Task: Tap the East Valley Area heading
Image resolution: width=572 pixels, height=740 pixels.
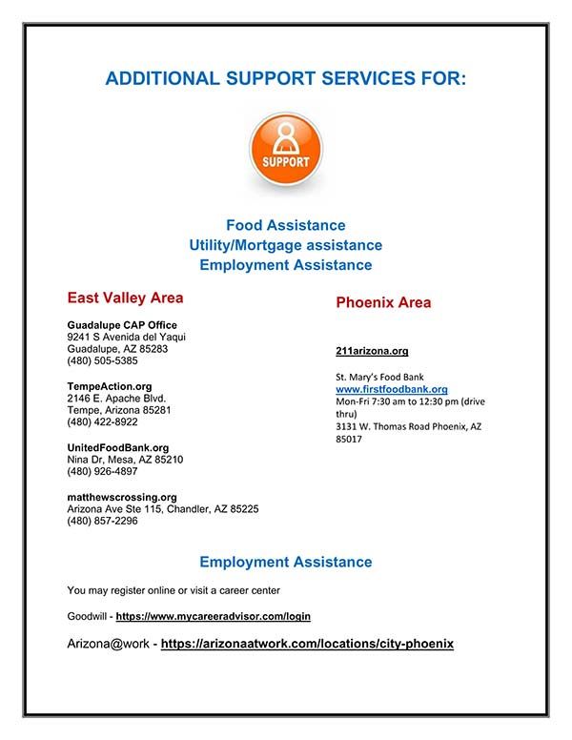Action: [125, 298]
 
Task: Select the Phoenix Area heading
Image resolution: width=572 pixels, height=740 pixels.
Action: [383, 302]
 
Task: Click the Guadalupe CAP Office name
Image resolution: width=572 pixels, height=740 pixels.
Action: [122, 325]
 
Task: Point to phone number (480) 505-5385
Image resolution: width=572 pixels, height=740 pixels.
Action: [102, 361]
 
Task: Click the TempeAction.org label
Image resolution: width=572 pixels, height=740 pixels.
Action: [110, 386]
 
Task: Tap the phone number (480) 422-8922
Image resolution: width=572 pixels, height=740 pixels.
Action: [102, 421]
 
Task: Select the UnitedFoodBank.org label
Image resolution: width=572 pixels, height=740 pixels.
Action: [118, 447]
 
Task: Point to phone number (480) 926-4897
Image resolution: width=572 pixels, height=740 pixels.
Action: [102, 471]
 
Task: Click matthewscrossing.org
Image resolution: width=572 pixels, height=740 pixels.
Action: [122, 497]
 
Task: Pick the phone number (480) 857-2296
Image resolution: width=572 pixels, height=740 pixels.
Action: [102, 521]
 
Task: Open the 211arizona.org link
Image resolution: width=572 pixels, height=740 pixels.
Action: [372, 351]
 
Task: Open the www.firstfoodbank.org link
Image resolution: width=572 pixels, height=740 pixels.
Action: [392, 389]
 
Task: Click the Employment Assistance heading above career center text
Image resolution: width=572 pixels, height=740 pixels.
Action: [285, 563]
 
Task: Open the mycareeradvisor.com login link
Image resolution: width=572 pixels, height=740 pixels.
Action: [214, 617]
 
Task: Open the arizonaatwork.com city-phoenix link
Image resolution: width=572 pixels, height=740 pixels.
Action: [307, 644]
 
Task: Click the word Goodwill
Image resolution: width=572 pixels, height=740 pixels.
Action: [87, 617]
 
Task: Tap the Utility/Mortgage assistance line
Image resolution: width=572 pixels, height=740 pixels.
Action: [285, 245]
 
